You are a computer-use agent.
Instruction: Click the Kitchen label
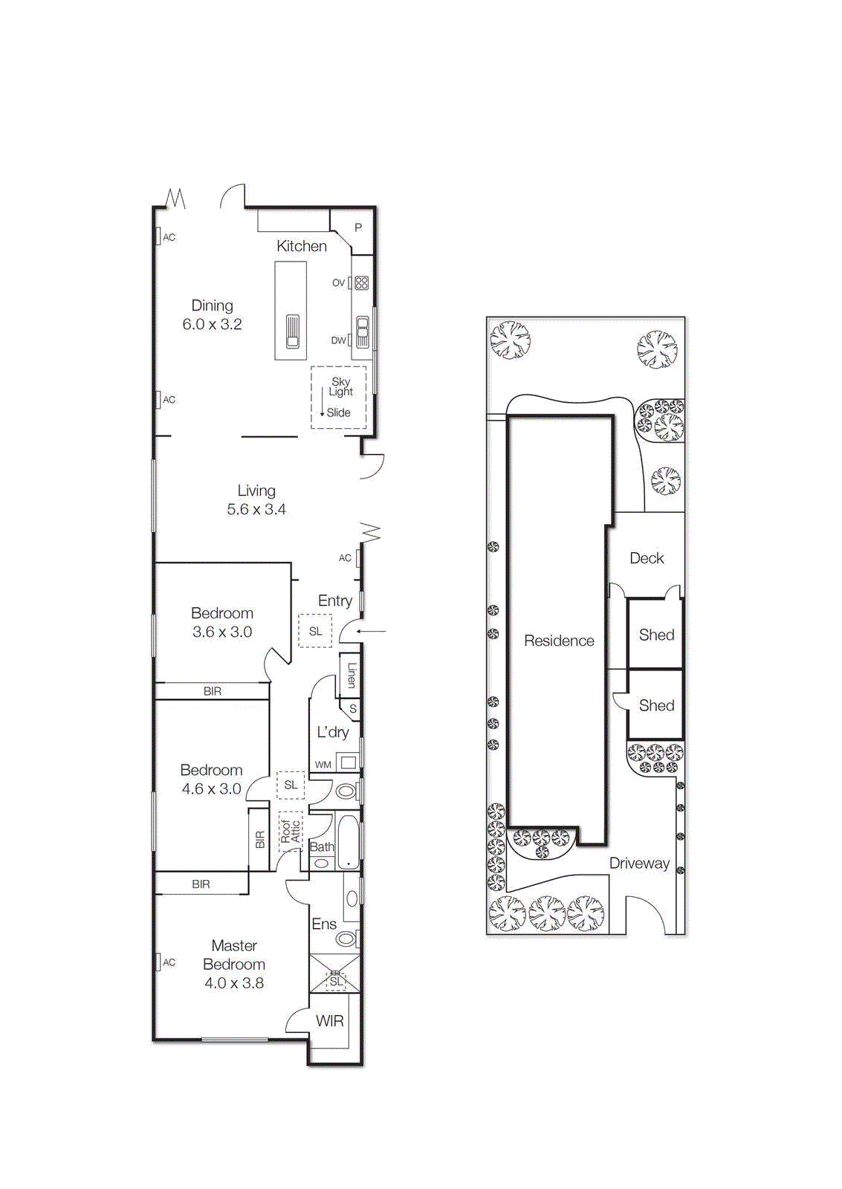coord(301,246)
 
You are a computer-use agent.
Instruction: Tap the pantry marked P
coord(358,227)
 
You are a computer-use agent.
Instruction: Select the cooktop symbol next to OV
coord(362,282)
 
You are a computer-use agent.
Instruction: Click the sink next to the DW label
coord(362,332)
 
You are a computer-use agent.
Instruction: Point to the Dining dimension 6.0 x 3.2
coord(212,324)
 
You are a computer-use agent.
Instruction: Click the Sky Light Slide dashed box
coord(338,398)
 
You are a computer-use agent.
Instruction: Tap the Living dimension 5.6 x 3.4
coord(256,509)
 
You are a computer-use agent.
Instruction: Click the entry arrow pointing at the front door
coord(372,632)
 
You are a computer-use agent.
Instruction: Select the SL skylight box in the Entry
coord(315,631)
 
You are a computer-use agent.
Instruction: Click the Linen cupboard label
coord(352,674)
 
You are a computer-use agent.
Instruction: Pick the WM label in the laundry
coord(323,764)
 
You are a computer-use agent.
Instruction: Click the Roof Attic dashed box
coord(291,831)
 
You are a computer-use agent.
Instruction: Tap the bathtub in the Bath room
coord(348,842)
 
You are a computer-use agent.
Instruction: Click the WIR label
coord(329,1021)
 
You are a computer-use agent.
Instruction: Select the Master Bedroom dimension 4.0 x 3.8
coord(234,982)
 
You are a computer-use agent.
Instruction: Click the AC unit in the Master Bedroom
coord(158,962)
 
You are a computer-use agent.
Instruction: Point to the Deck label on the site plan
coord(647,558)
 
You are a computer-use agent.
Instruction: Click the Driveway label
coord(639,863)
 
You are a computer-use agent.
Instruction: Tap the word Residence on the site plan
coord(559,641)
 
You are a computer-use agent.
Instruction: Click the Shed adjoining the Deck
coord(656,635)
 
